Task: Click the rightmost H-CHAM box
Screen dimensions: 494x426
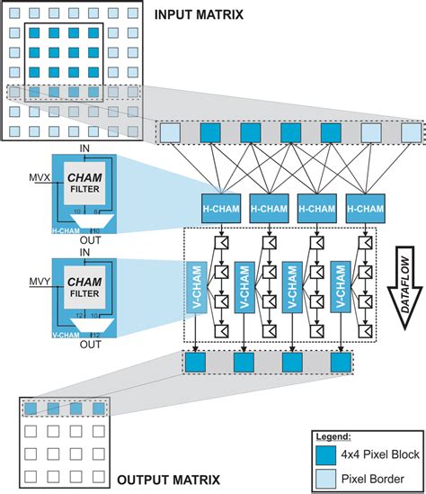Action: pyautogui.click(x=363, y=206)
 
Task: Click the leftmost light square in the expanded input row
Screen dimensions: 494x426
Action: pyautogui.click(x=169, y=133)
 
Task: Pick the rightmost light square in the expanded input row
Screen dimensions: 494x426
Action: pyautogui.click(x=410, y=133)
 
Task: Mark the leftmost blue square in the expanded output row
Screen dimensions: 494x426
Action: pyautogui.click(x=194, y=364)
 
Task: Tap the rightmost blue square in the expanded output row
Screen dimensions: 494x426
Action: pyautogui.click(x=339, y=364)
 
